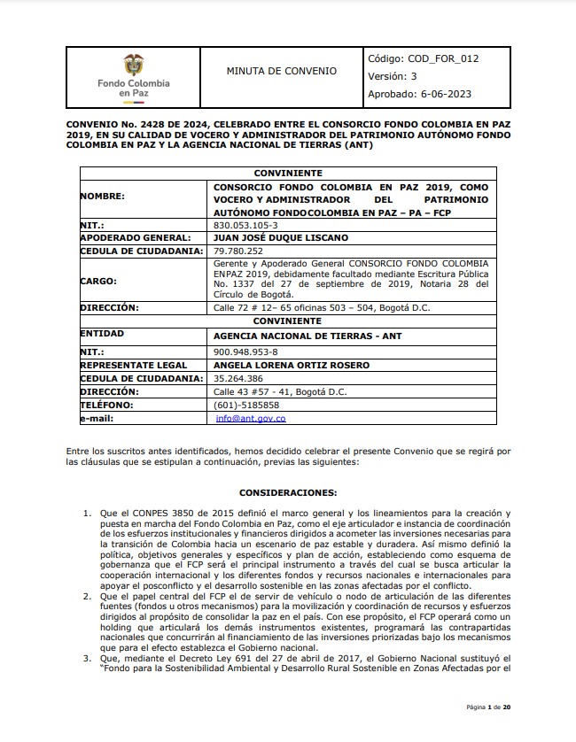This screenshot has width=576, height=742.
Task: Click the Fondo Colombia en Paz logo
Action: point(132,76)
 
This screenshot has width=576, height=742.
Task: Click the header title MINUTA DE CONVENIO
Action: point(281,71)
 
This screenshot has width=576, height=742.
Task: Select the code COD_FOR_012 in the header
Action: point(423,58)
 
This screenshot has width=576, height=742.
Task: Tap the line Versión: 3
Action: point(392,76)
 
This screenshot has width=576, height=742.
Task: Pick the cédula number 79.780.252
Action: point(238,251)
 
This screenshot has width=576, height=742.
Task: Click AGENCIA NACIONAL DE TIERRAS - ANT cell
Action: point(297,336)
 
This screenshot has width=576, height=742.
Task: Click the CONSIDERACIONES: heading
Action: point(288,491)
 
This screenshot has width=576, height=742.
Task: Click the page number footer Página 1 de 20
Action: point(487,707)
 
